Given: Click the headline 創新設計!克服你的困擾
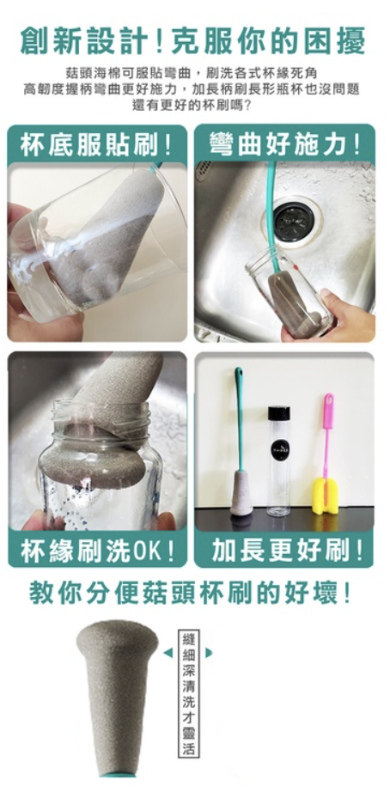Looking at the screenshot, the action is [192, 41].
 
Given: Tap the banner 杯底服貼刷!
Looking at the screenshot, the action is [96, 145].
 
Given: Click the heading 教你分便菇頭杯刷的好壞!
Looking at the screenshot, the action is [190, 594].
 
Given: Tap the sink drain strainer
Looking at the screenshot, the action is [295, 222].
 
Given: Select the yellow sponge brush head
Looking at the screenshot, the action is [325, 496].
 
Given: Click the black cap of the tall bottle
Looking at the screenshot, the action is [279, 413].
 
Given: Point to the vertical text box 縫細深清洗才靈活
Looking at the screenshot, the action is [189, 693].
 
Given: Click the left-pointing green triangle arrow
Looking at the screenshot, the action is [168, 653].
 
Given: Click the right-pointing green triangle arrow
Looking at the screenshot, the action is [209, 653].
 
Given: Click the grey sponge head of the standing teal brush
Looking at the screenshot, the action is [241, 492].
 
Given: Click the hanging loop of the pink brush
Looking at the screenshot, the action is [329, 401].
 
